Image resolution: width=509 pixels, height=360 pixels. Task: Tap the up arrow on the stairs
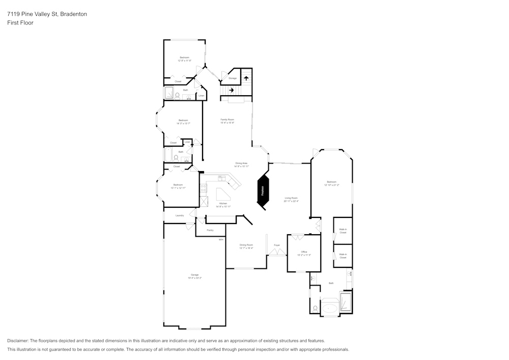246,78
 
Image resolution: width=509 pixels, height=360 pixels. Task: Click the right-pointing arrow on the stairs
232,90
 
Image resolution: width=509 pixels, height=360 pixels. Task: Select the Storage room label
232,78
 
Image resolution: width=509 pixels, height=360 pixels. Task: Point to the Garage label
194,275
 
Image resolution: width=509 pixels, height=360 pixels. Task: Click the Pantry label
210,230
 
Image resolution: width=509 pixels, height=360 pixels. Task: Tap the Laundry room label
179,215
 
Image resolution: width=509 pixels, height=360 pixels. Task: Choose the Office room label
304,252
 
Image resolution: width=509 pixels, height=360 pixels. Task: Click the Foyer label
277,245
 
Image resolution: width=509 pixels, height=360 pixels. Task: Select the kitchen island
223,195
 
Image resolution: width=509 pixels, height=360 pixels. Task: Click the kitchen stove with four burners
204,188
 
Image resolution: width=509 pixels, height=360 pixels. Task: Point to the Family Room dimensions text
227,123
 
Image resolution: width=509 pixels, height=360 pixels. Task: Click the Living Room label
291,198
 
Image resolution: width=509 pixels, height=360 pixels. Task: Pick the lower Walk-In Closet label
343,256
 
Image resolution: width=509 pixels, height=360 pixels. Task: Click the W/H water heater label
221,239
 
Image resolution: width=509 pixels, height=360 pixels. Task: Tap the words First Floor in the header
20,23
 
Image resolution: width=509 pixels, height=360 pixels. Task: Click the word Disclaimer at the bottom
18,341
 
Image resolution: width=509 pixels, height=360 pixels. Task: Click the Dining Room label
246,245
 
